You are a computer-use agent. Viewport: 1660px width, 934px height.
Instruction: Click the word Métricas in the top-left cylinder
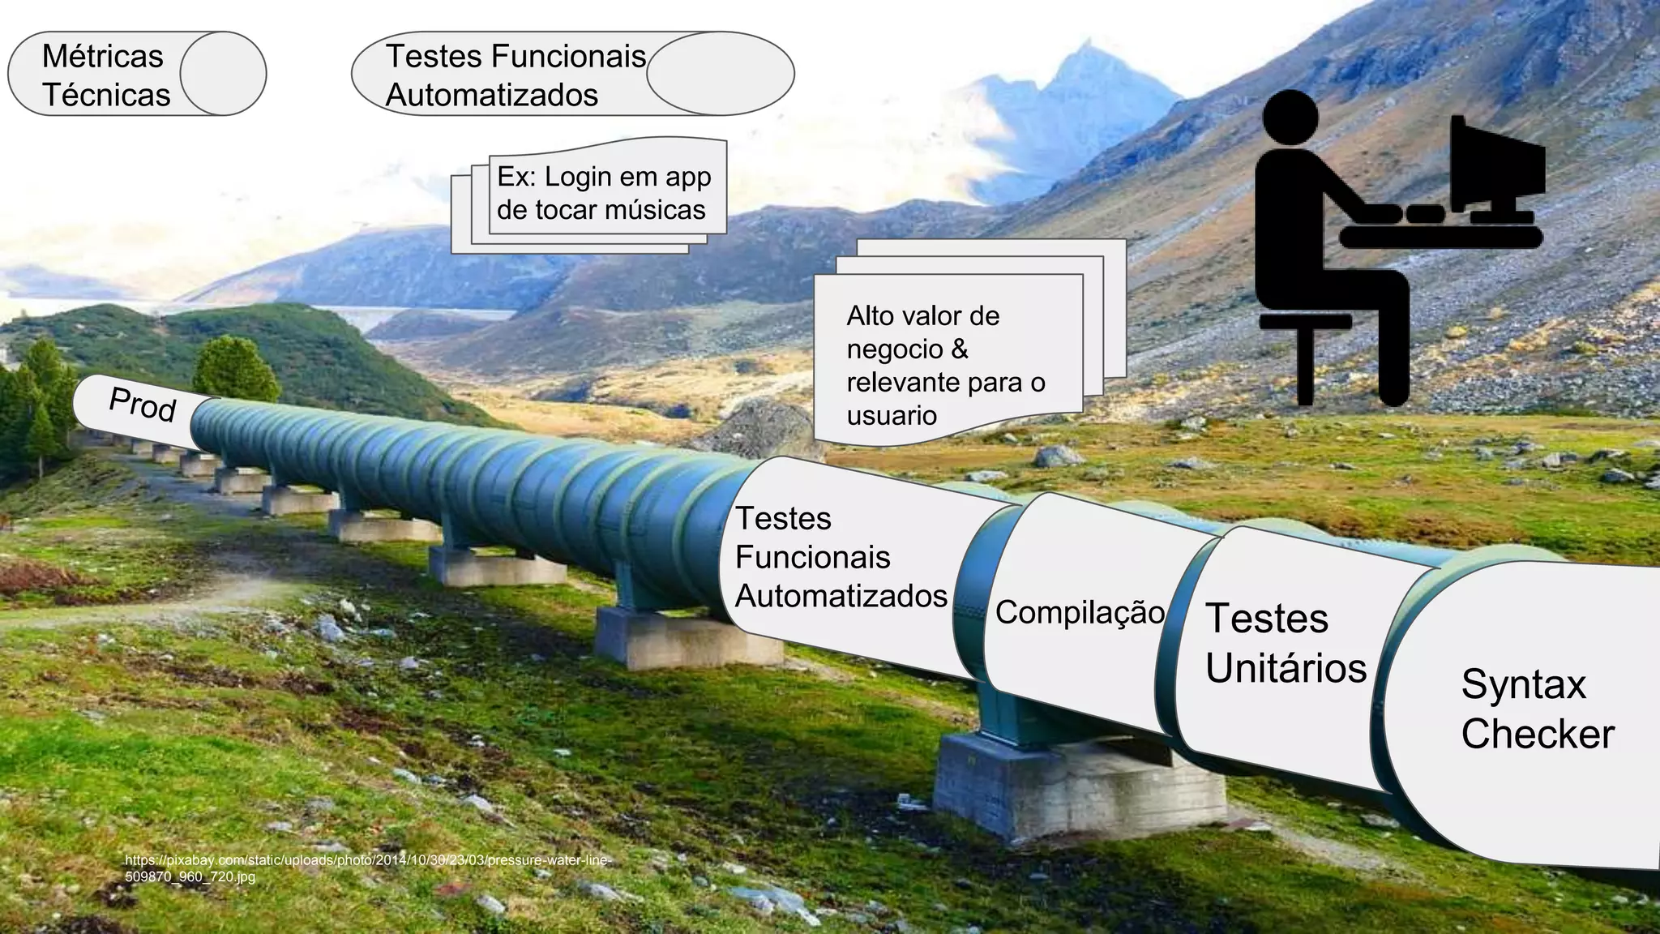pyautogui.click(x=102, y=57)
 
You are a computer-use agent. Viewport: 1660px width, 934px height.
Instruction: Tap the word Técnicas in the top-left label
pyautogui.click(x=106, y=96)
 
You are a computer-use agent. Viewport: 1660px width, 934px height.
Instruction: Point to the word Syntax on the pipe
pyautogui.click(x=1523, y=684)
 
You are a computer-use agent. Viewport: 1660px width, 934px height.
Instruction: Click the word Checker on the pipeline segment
pyautogui.click(x=1538, y=735)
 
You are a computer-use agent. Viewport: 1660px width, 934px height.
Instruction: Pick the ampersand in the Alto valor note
pyautogui.click(x=959, y=349)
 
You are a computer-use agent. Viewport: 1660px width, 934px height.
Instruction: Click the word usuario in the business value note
pyautogui.click(x=892, y=416)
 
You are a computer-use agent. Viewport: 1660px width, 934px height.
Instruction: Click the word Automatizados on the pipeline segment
pyautogui.click(x=841, y=597)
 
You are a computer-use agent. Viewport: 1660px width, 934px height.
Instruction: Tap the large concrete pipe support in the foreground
pyautogui.click(x=1078, y=790)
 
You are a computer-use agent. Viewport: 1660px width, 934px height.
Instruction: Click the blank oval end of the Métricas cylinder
pyautogui.click(x=223, y=74)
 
